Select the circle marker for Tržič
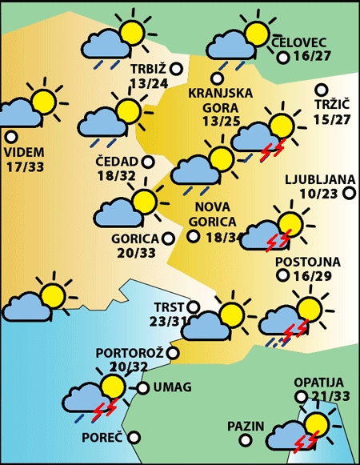(x=322, y=90)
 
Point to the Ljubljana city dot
(x=349, y=192)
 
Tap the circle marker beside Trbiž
(x=177, y=69)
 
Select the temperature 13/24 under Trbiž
(x=148, y=82)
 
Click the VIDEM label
(x=24, y=152)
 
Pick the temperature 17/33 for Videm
(x=24, y=166)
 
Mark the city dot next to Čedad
(x=148, y=162)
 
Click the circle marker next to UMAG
(x=143, y=388)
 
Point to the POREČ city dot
(x=134, y=437)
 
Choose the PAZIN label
(x=246, y=425)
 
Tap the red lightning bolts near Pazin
(x=307, y=440)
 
